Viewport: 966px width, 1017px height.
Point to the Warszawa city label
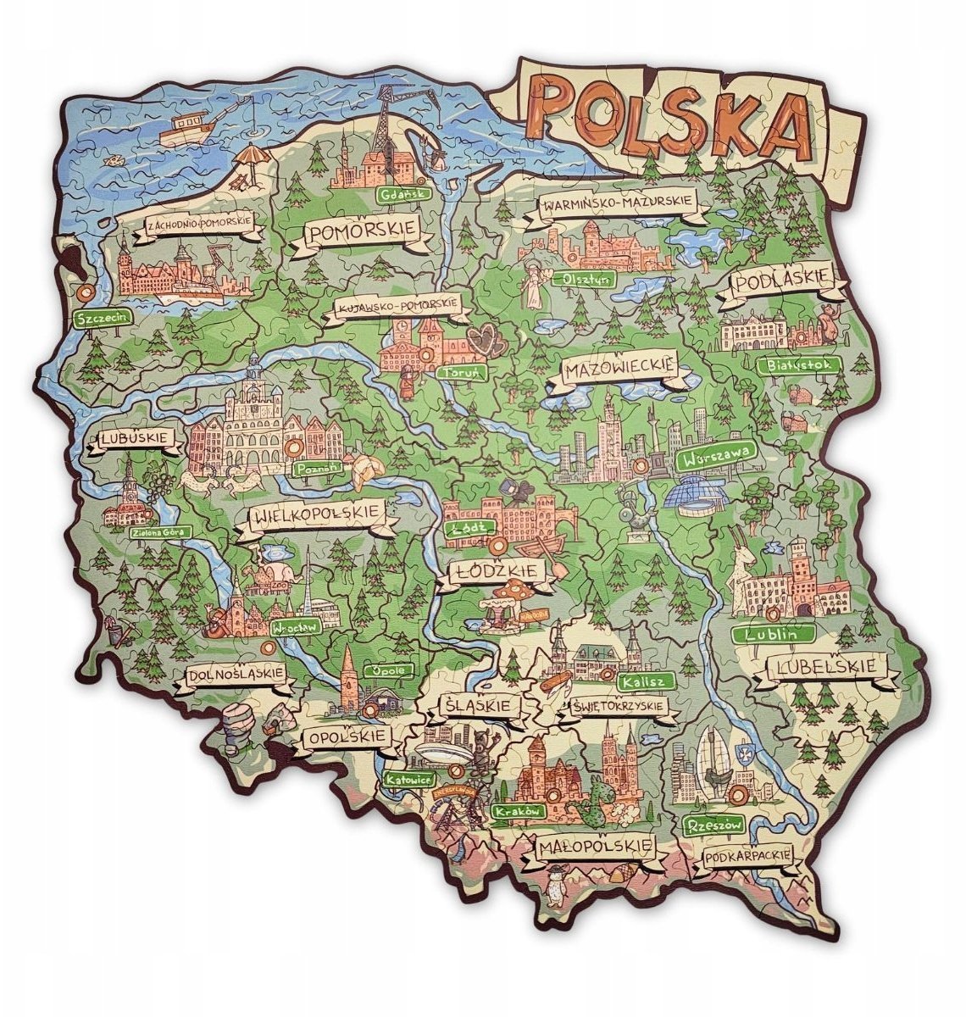(x=716, y=457)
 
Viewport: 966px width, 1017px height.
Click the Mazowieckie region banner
(x=619, y=370)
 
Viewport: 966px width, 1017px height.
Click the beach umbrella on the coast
(x=249, y=158)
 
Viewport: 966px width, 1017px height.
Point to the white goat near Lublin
(x=747, y=576)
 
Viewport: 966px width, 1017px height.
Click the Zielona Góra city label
(x=160, y=532)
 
